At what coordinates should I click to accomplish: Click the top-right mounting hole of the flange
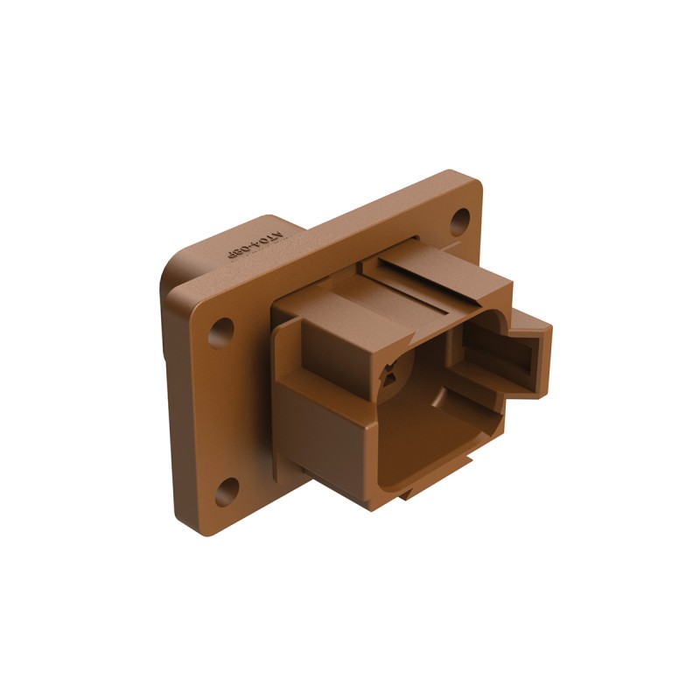tap(460, 220)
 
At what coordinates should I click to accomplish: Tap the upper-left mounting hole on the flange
tap(220, 332)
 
